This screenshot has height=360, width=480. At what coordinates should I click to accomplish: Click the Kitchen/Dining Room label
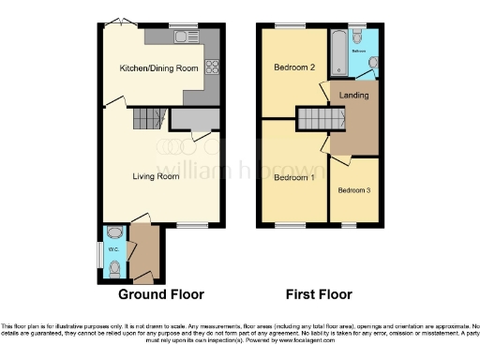(x=158, y=68)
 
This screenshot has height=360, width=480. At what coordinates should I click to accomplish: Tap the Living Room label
(x=155, y=175)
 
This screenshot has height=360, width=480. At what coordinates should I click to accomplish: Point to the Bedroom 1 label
(x=292, y=176)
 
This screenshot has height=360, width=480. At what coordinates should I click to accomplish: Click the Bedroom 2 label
(x=292, y=68)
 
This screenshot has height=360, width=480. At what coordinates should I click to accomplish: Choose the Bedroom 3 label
(x=354, y=190)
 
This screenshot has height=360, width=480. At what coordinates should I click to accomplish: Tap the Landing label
(x=353, y=96)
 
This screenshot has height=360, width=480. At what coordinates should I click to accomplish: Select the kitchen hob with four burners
(x=211, y=67)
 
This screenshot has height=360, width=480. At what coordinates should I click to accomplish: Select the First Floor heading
(x=318, y=293)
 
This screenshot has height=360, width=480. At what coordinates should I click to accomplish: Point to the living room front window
(x=192, y=225)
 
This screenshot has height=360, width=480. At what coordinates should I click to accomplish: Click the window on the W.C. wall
(x=102, y=255)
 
